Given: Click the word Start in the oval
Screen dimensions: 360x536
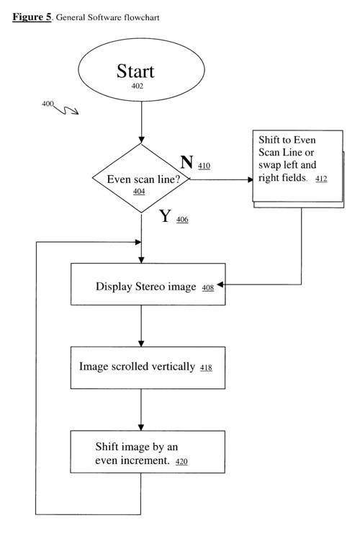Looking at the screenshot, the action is coord(135,71).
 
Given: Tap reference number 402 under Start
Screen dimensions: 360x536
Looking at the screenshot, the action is coord(138,86).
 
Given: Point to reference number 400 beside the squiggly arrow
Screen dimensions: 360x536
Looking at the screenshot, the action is coord(48,104).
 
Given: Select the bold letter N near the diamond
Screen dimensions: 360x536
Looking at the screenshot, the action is coord(186,162).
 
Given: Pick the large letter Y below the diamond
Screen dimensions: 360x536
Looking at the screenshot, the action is coord(166,215).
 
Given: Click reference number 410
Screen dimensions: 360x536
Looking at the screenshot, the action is coord(204,166).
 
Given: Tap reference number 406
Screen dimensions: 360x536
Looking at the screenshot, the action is coord(182,220).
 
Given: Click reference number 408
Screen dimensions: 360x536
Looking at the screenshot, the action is coord(208,288).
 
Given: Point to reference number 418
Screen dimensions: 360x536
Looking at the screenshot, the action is coord(206,368).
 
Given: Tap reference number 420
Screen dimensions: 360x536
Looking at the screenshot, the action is coord(181,462).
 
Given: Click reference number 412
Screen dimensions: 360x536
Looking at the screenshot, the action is coord(321,179).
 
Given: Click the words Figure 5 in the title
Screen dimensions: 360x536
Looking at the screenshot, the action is coord(32,17).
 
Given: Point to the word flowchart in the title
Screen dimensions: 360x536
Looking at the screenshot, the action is coord(142,17).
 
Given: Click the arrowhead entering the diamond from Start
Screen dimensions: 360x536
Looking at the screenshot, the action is coord(141,140).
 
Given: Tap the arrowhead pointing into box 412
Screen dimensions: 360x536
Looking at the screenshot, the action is coord(251,179).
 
